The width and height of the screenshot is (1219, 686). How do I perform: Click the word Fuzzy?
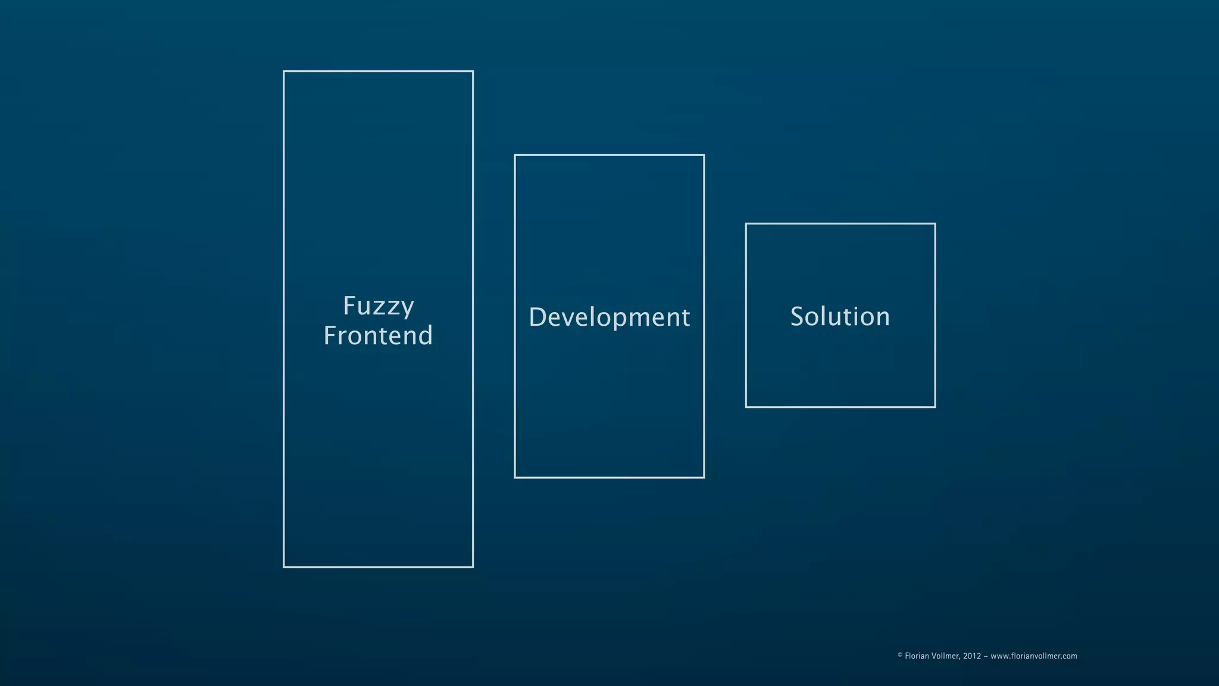[379, 307]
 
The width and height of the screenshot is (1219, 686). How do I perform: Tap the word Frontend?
[378, 336]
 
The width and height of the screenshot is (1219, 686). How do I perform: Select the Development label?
[609, 317]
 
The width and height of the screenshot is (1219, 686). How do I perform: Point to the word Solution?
[840, 317]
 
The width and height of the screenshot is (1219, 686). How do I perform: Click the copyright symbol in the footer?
[900, 655]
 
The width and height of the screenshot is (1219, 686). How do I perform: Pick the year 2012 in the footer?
[972, 656]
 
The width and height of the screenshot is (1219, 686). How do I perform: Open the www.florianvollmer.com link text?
[1034, 656]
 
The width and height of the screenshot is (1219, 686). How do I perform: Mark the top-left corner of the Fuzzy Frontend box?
[284, 71]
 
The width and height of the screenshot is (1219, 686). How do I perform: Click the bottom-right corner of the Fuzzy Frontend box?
[473, 567]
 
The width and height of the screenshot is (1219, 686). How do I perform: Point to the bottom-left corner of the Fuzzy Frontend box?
[284, 567]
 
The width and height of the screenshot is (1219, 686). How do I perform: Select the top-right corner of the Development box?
[704, 155]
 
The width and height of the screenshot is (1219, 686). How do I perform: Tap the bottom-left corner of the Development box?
[515, 477]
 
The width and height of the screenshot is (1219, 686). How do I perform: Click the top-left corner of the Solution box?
[746, 224]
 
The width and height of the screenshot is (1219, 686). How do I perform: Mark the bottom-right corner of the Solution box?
[935, 407]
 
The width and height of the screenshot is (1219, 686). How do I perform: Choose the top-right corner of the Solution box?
[935, 224]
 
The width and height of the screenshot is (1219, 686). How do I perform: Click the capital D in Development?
[537, 317]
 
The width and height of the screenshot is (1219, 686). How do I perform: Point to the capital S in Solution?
[798, 317]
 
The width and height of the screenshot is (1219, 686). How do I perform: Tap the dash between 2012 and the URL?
[986, 656]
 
